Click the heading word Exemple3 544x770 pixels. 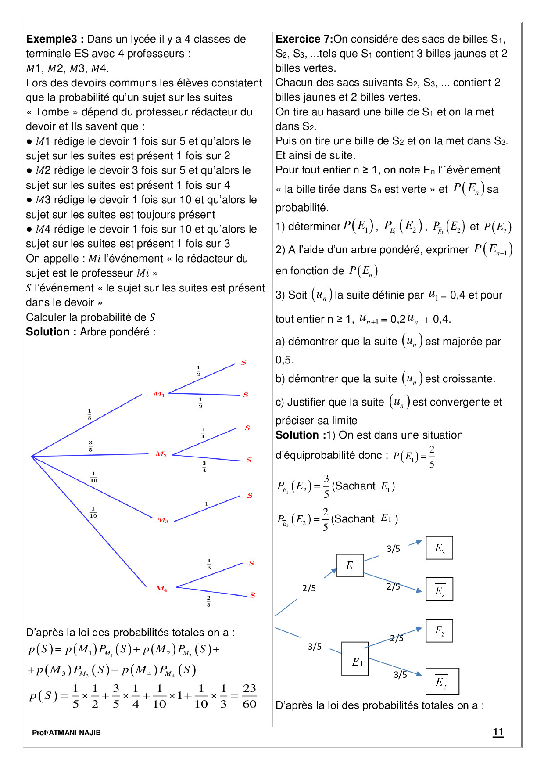tap(52, 39)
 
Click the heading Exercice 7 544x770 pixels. tap(304, 39)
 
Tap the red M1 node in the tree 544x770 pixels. tap(159, 394)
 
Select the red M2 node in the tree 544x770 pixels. tap(161, 454)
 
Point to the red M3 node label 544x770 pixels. tap(162, 520)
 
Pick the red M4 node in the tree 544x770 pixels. tap(161, 588)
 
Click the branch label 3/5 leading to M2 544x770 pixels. tap(90, 446)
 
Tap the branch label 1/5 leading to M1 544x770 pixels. tap(89, 414)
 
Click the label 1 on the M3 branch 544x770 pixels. tap(206, 504)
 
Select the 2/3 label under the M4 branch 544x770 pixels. tap(208, 601)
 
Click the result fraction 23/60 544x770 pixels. tap(249, 696)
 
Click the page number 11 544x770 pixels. tap(498, 732)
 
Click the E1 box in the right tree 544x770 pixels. tap(350, 565)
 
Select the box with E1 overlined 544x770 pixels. tap(355, 658)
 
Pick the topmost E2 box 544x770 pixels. tap(439, 548)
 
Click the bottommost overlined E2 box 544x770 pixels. tap(442, 681)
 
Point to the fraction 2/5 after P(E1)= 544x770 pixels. tap(432, 457)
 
